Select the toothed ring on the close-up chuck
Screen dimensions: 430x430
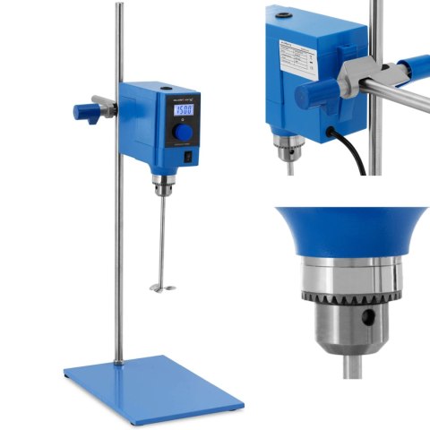tap(345, 292)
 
